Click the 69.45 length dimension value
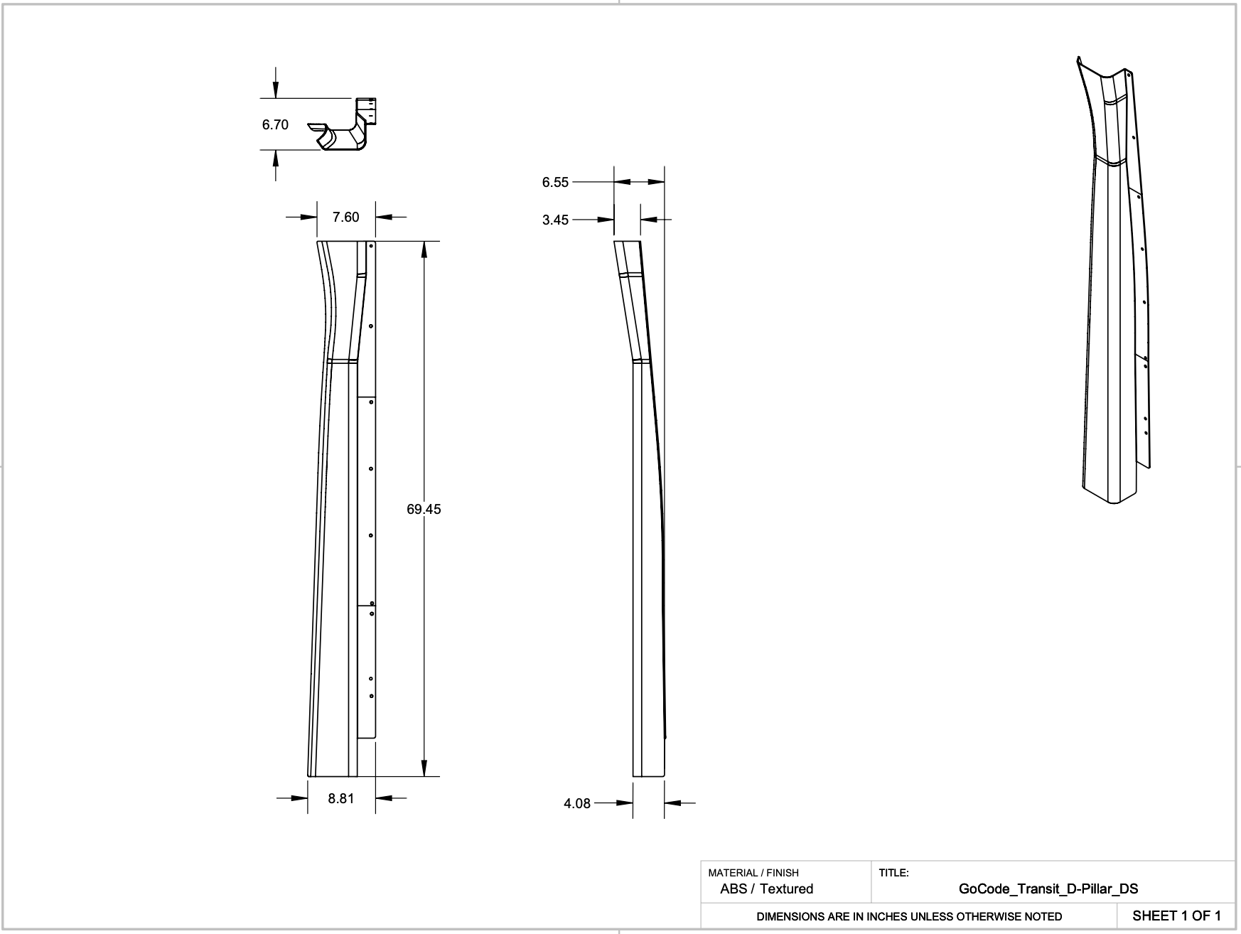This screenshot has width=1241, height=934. pos(424,509)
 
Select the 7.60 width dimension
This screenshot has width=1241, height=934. pos(346,217)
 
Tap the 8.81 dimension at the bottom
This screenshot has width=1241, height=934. pos(341,798)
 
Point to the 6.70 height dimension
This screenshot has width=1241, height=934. pos(275,124)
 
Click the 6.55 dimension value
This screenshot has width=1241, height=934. pos(555,182)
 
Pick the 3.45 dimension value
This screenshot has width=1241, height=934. pos(555,220)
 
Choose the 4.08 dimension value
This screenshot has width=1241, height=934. pos(577,803)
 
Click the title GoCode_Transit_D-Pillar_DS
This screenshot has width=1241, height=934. pos(1048,889)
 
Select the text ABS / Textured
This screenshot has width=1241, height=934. pos(766,889)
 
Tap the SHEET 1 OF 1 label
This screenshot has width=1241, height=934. pos(1176,916)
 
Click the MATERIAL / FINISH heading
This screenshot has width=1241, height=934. pos(753,872)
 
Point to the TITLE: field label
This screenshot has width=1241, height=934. pos(893,872)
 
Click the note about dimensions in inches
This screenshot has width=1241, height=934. pos(909,916)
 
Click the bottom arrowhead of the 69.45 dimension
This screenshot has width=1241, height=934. pos(424,768)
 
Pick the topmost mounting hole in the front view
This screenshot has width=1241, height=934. pos(372,246)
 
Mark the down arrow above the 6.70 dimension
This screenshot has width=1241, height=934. pos(276,90)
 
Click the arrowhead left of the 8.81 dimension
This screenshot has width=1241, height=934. pos(299,798)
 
